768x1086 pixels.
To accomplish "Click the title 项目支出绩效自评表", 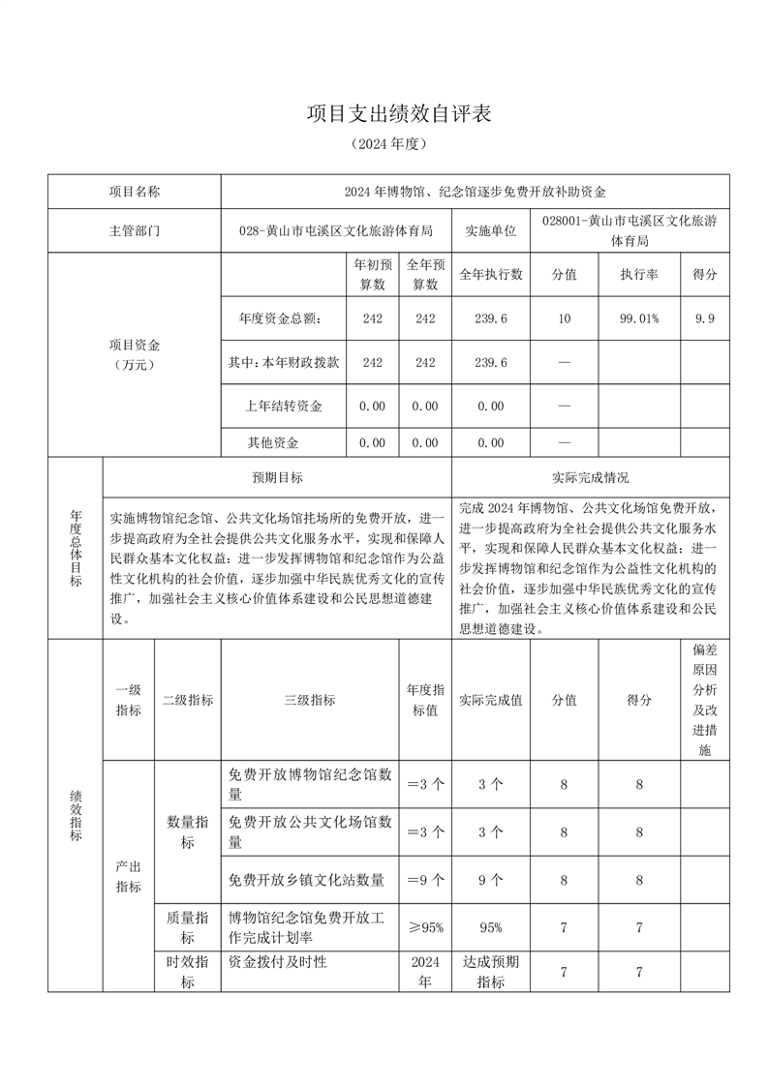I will point(400,113).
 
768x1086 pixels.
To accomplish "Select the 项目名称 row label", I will point(135,192).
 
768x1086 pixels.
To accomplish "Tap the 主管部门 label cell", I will point(135,231).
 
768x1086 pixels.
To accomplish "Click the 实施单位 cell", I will point(491,231).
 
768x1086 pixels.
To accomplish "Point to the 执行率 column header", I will point(639,275).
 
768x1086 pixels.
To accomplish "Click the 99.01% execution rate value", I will point(639,318).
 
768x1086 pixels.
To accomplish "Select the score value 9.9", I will point(705,318).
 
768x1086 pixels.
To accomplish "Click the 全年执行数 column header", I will point(491,275).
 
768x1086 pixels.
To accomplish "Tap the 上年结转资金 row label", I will point(284,406).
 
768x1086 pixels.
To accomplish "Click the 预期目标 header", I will point(277,477).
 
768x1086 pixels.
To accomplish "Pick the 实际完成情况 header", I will point(590,477).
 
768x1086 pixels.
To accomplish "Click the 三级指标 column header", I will point(310,700).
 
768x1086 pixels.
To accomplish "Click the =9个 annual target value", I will point(425,880).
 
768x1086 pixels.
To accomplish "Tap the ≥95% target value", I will point(425,927).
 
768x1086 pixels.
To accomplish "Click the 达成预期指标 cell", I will point(491,972).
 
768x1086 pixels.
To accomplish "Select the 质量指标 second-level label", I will point(188,927).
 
